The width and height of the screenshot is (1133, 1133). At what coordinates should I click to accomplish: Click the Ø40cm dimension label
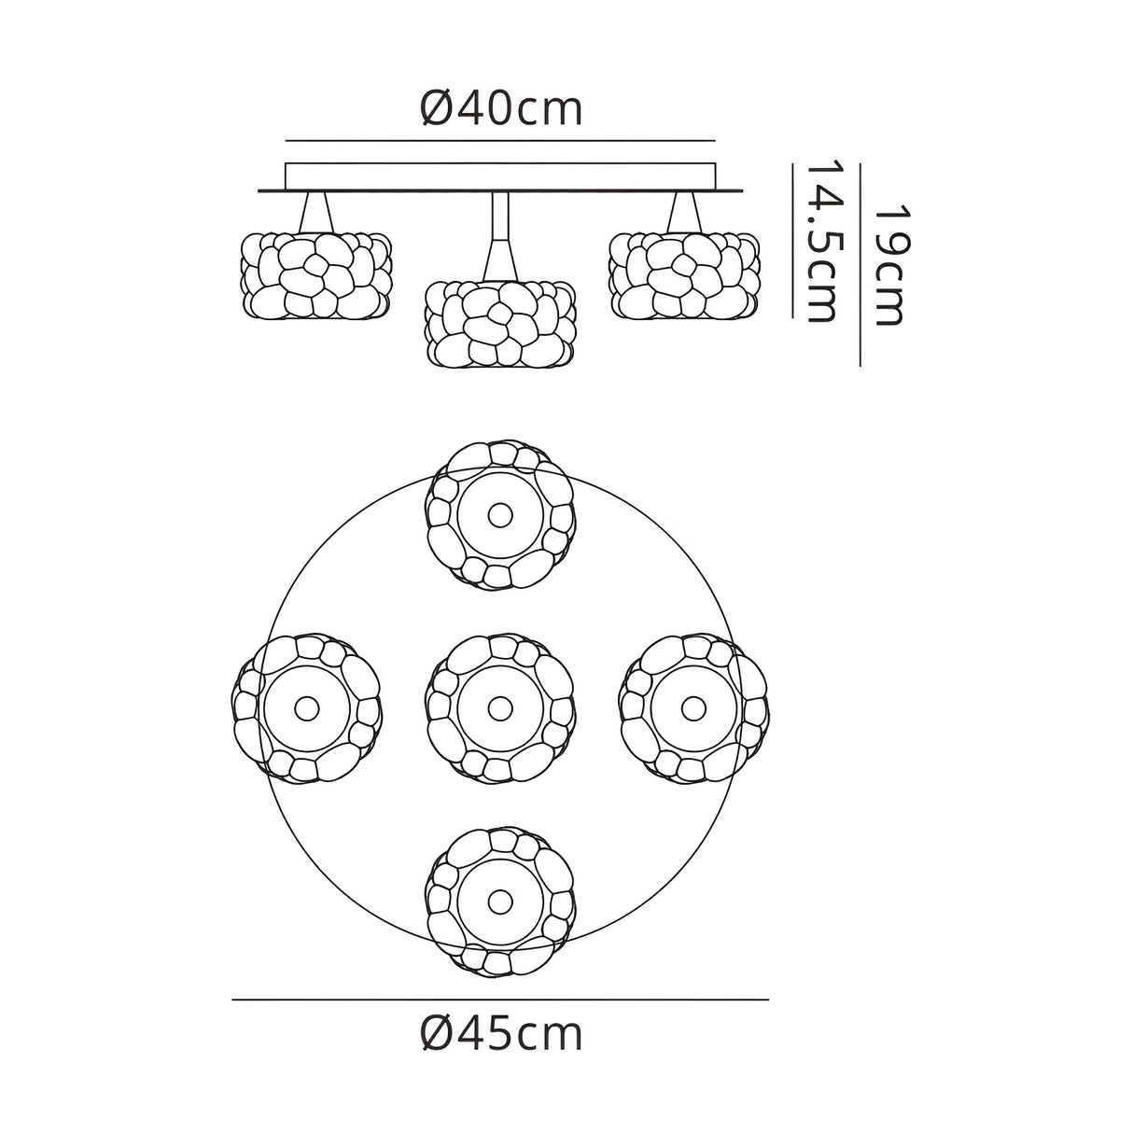501,109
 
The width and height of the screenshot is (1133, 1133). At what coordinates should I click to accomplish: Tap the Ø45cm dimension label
501,1034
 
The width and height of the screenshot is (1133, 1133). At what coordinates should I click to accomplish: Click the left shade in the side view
316,275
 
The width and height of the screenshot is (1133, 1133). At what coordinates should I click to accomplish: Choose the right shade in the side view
685,275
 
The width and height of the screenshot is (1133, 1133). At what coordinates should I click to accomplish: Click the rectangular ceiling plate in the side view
500,176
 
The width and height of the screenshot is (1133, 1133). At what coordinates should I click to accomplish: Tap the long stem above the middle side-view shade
500,235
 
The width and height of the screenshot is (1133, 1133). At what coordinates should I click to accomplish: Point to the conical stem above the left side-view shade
316,212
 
